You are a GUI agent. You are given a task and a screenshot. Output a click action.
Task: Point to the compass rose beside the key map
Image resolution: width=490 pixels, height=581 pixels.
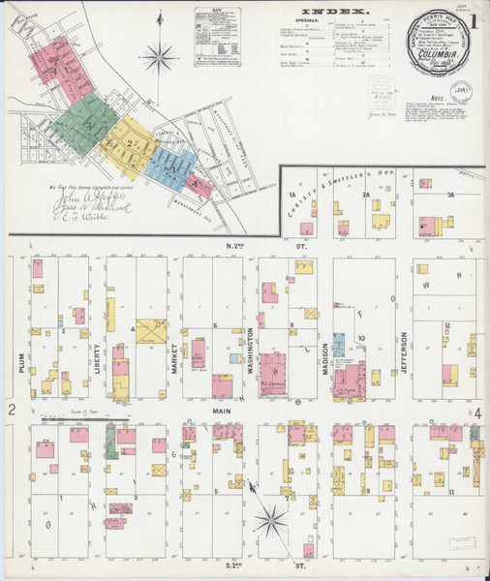160,56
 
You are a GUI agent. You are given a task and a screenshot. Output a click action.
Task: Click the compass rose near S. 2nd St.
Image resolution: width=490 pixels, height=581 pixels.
271,522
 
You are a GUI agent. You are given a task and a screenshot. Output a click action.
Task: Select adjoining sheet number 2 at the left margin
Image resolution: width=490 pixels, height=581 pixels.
12,411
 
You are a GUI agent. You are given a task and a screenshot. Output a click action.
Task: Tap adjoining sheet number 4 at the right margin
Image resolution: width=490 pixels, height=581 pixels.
477,413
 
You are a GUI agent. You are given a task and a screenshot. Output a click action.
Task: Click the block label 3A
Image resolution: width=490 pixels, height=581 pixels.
451,195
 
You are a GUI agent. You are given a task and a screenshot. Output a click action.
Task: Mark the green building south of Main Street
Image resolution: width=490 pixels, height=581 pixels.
111,440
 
